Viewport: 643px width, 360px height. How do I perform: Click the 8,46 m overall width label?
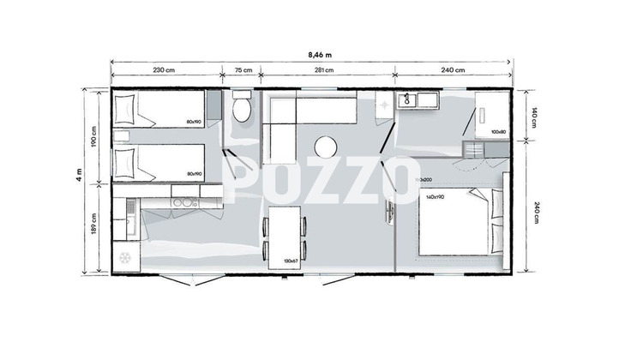(321, 54)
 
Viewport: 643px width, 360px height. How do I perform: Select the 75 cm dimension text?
(243, 70)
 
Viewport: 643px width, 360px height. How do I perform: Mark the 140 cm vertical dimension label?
(533, 117)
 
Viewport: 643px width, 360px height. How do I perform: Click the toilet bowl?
(242, 110)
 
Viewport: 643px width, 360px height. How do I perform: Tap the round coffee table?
(326, 147)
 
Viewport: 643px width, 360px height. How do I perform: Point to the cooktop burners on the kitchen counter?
(183, 203)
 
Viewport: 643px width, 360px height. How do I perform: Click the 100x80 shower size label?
(499, 132)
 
